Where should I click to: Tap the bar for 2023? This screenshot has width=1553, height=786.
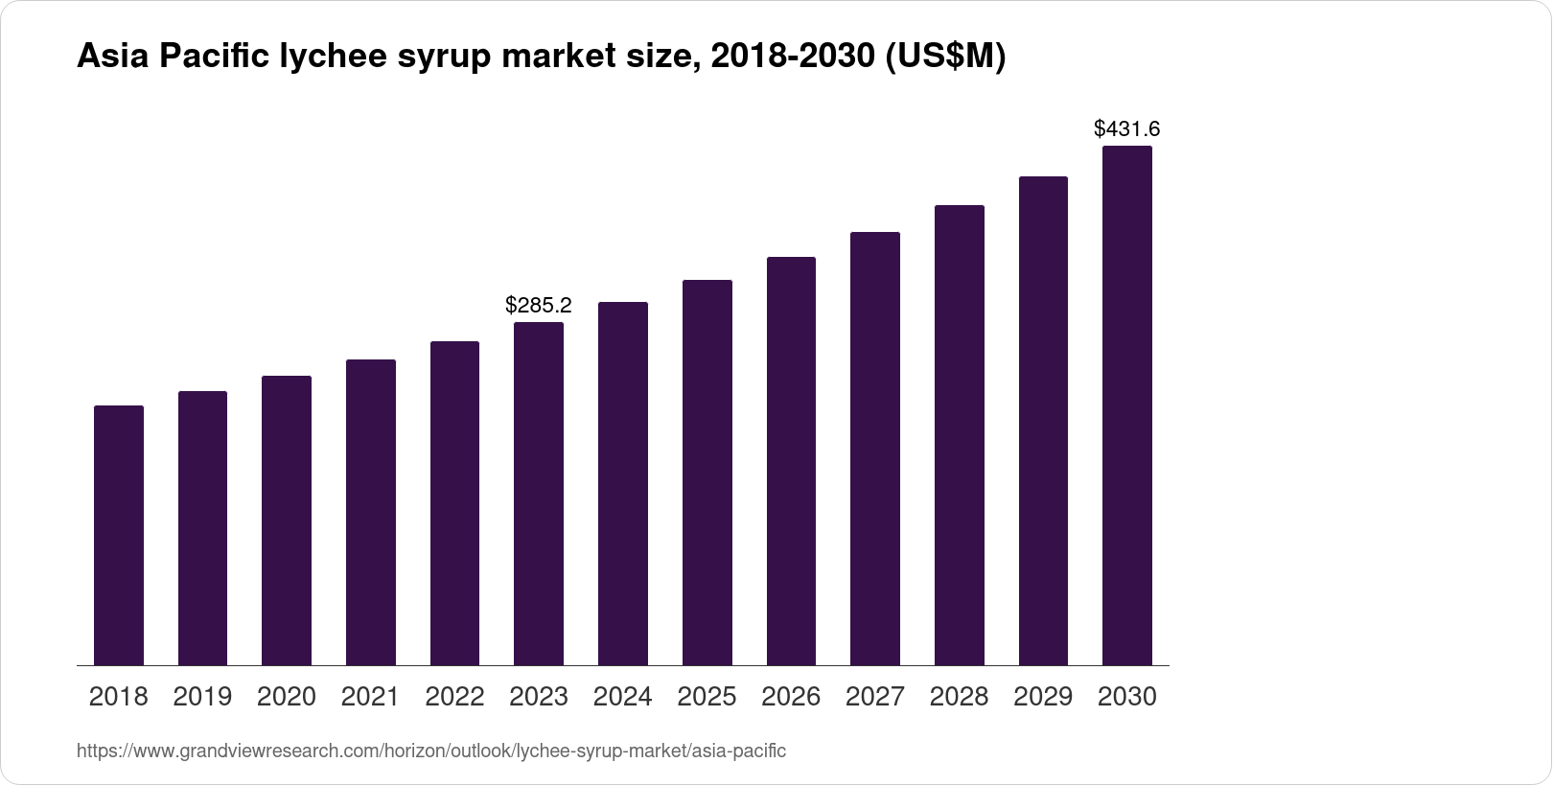pos(539,494)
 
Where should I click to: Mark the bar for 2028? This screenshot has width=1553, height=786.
pos(960,435)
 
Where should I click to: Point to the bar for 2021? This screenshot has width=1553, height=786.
pos(371,512)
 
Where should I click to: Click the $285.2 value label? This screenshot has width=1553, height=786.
pos(539,306)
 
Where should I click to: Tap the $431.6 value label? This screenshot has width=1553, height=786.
pos(1127,128)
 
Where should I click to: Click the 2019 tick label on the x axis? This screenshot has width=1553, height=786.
pos(202,697)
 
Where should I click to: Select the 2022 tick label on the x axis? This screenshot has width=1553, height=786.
pos(454,697)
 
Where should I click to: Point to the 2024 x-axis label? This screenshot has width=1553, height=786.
pos(623,697)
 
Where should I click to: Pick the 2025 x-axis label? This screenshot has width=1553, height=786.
pos(707,697)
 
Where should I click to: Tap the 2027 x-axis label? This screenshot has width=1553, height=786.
pos(875,697)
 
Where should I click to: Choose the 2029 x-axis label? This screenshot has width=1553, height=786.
pos(1043,697)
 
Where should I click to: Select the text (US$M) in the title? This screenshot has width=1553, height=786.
pos(944,58)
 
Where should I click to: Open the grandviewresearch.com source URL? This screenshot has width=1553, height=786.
pos(431,751)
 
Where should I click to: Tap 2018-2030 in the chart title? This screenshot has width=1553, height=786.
pos(786,58)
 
